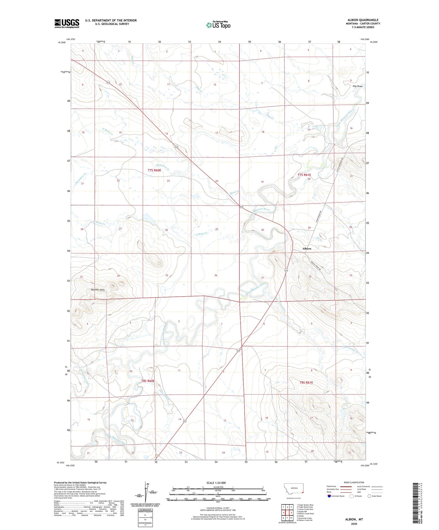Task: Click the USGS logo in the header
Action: pyautogui.click(x=67, y=23)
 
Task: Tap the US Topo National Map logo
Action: pyautogui.click(x=218, y=25)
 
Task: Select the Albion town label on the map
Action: pyautogui.click(x=307, y=249)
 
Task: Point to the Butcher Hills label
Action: pyautogui.click(x=98, y=290)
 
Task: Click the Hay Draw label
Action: pyautogui.click(x=357, y=86)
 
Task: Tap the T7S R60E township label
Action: pyautogui.click(x=154, y=171)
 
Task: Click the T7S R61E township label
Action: pyautogui.click(x=304, y=175)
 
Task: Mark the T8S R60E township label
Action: pyautogui.click(x=148, y=381)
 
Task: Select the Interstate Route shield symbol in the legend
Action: pyautogui.click(x=329, y=496)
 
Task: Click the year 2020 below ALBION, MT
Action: pyautogui.click(x=354, y=524)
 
